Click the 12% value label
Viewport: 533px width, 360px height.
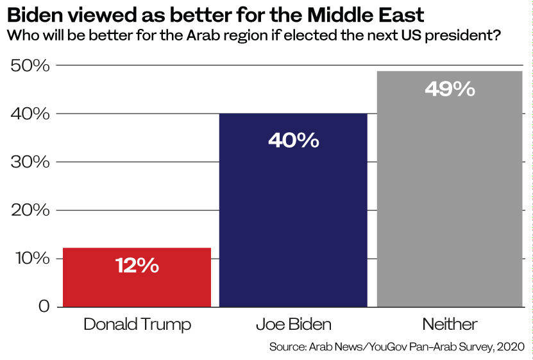137,265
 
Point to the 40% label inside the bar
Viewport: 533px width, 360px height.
293,140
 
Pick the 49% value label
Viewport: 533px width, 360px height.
450,89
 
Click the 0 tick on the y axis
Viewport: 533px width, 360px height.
43,306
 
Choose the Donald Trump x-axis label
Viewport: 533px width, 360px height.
137,324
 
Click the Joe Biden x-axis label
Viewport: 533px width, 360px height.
293,324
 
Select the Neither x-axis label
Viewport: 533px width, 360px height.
450,324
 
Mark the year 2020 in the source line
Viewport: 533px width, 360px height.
511,347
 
